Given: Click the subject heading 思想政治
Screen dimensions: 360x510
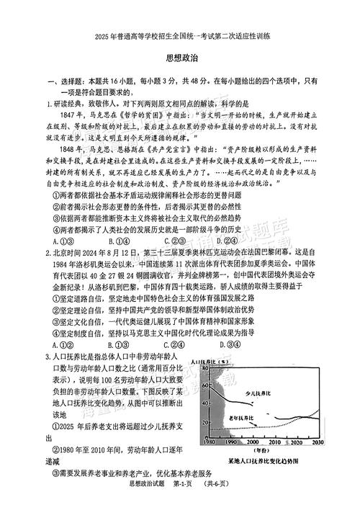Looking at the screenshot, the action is pos(180,63).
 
